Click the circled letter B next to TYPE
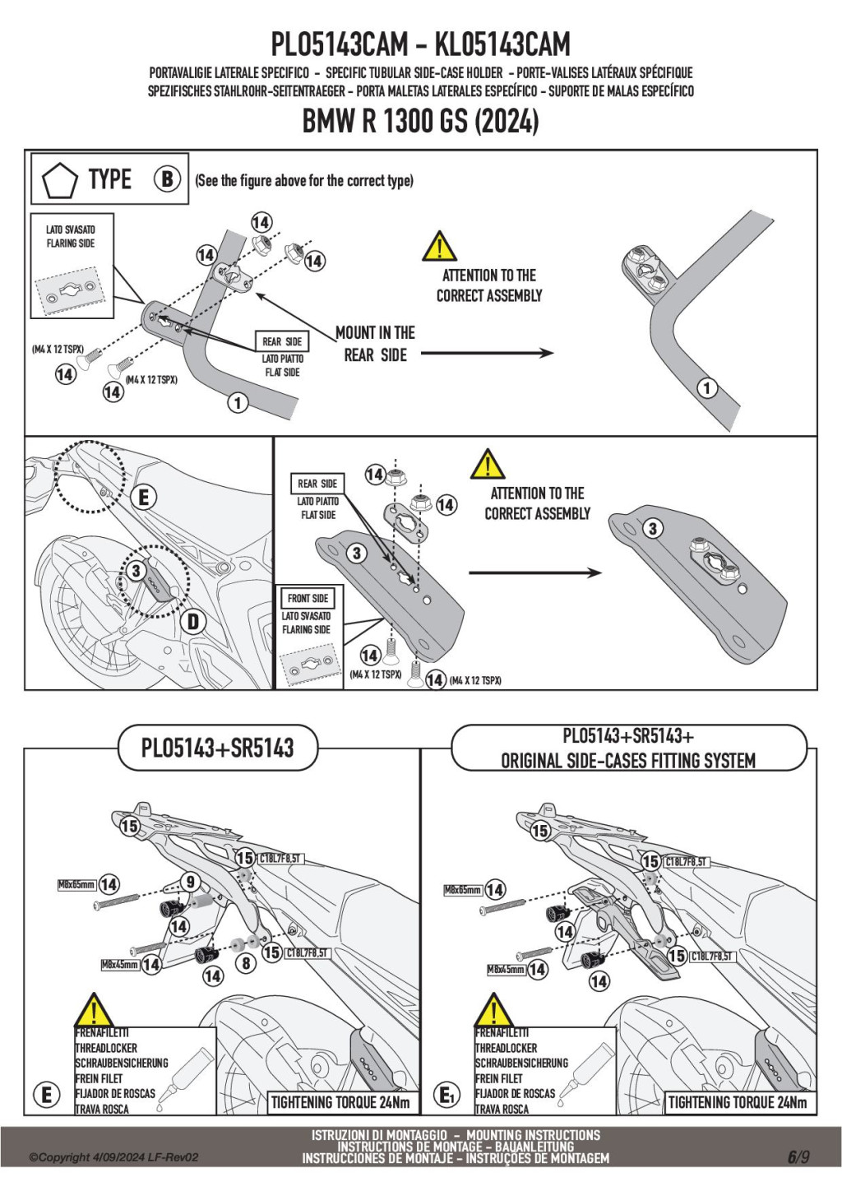click(x=167, y=178)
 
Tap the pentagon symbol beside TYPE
click(x=59, y=180)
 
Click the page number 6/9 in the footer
click(x=798, y=1156)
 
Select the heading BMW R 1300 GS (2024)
click(x=420, y=121)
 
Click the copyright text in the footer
click(x=113, y=1157)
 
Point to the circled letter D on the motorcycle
click(x=193, y=621)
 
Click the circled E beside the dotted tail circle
click(x=144, y=497)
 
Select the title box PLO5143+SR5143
click(x=217, y=748)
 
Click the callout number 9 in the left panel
click(x=190, y=882)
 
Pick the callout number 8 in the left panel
click(x=245, y=962)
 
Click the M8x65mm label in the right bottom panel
click(x=462, y=890)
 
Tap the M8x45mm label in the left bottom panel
click(x=119, y=964)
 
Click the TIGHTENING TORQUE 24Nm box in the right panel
click(x=737, y=1102)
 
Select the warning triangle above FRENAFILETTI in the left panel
click(x=94, y=1011)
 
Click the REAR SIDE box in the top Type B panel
click(x=282, y=341)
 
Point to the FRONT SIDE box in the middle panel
click(x=308, y=598)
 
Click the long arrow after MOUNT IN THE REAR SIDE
click(x=487, y=353)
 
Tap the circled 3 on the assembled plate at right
click(x=652, y=528)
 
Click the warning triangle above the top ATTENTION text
click(x=439, y=247)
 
